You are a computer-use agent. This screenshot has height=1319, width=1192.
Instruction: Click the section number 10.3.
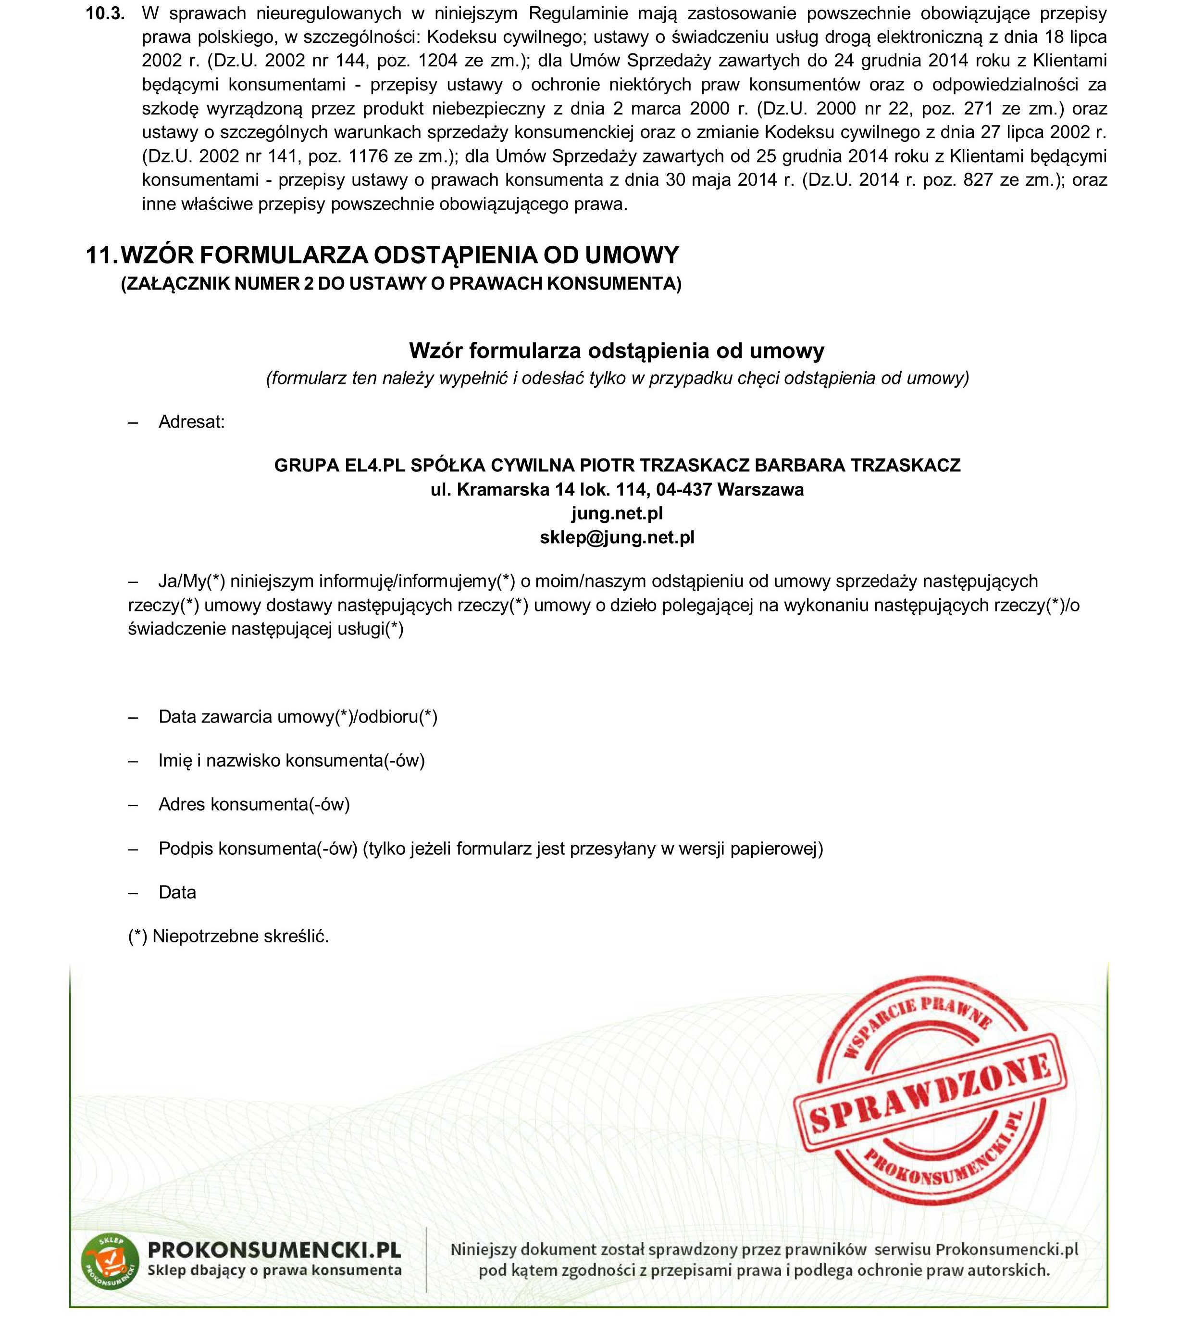105,14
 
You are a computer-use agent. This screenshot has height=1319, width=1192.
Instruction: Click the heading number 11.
101,255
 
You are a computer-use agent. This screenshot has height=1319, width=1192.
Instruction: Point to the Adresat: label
191,422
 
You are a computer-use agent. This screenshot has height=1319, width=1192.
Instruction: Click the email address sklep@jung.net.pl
617,537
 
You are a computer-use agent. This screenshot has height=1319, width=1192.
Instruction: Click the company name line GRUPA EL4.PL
617,465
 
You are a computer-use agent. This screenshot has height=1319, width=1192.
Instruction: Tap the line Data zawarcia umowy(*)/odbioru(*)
298,717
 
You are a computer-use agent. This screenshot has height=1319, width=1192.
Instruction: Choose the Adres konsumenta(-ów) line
254,804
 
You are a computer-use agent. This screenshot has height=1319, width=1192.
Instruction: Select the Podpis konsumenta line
490,849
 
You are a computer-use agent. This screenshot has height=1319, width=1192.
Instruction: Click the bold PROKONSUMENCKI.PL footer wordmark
274,1250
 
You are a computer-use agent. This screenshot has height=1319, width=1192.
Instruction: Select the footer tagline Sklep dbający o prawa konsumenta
274,1270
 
